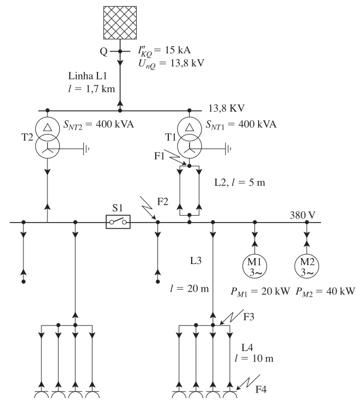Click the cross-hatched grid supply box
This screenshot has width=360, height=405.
pos(120,23)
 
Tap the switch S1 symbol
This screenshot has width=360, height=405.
pos(118,222)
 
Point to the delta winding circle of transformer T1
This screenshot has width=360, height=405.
pos(190,118)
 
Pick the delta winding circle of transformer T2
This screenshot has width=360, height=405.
pos(47,118)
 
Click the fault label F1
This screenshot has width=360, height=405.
pos(159,156)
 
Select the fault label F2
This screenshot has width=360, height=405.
pos(163,201)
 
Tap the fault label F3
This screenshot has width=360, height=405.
pos(248,317)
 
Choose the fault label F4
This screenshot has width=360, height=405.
pos(261,389)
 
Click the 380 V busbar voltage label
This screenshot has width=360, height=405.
pos(303,215)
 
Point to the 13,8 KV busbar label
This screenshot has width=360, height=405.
pos(227,108)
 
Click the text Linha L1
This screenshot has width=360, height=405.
pos(87,76)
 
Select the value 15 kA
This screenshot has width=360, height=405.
pos(178,50)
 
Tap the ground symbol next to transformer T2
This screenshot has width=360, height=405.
pos(86,149)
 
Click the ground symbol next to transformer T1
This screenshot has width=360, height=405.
pos(228,149)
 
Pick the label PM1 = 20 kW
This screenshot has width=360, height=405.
pos(260,292)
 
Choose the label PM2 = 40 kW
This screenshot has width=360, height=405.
pos(325,292)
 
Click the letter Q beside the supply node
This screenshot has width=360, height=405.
pos(103,52)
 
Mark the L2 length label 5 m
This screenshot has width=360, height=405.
pos(257,182)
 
